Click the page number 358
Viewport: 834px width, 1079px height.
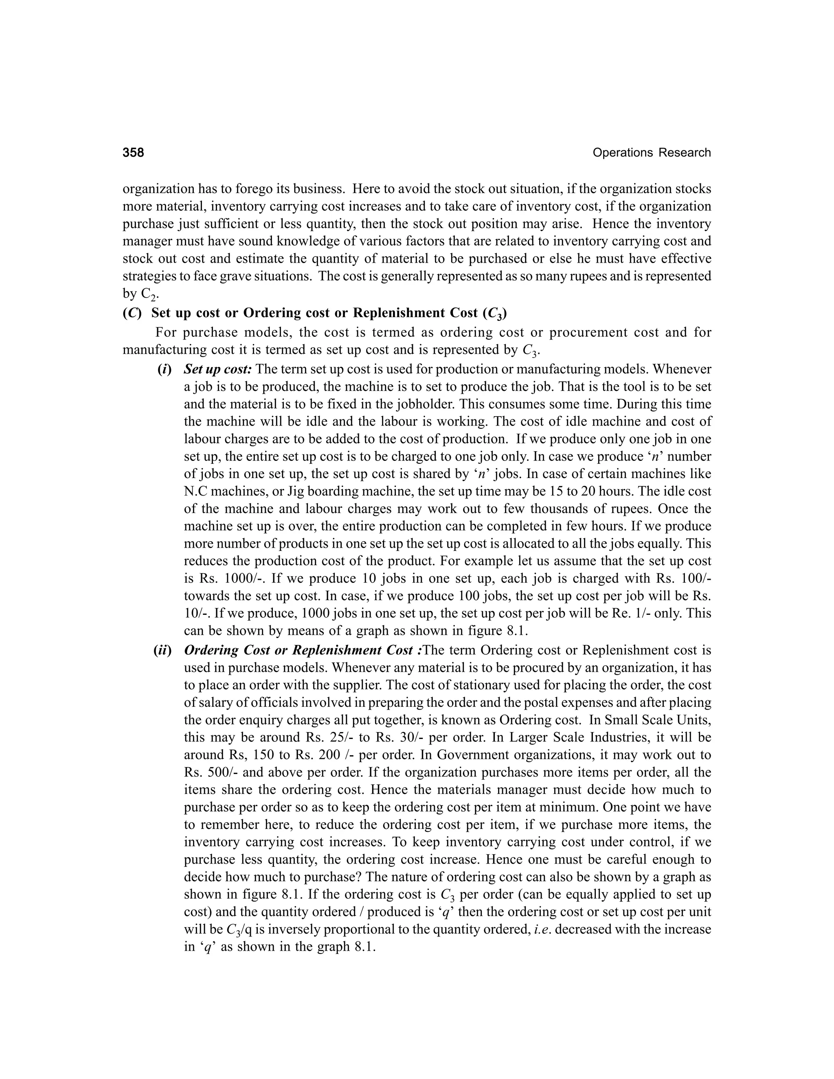coord(134,153)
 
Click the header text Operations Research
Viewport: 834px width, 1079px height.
coord(651,153)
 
